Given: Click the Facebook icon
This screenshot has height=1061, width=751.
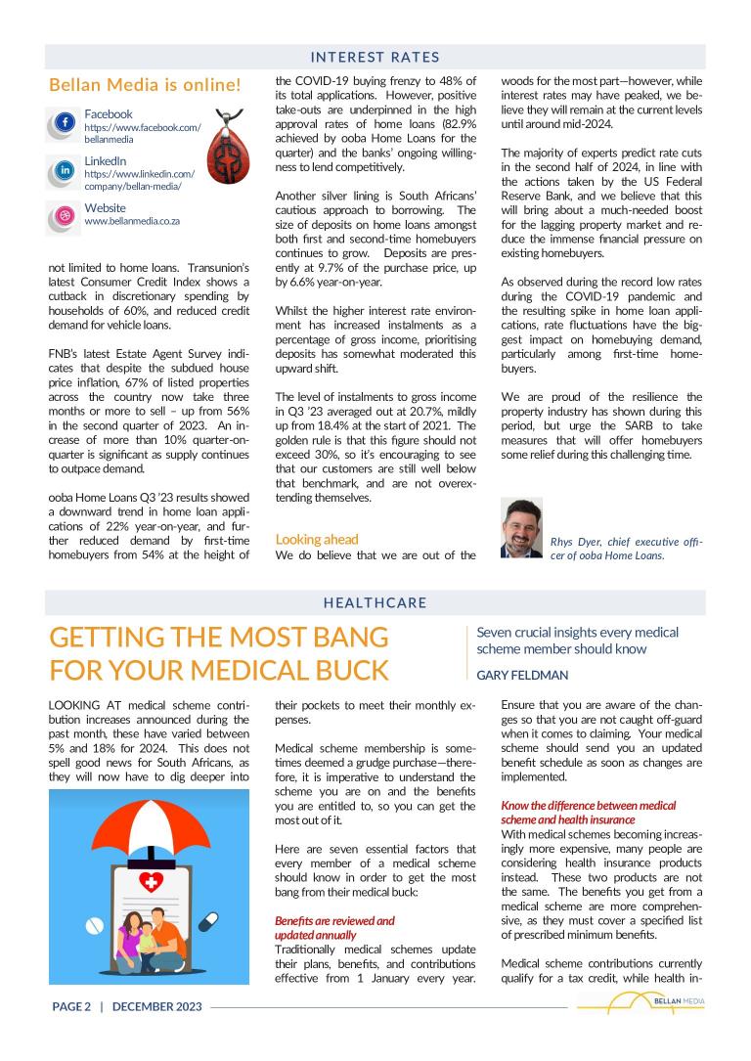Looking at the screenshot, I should [x=65, y=123].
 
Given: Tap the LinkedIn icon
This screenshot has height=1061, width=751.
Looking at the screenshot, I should [x=65, y=170].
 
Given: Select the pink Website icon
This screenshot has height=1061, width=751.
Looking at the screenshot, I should [x=65, y=216].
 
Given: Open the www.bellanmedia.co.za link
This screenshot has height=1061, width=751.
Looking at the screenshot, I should [x=132, y=221].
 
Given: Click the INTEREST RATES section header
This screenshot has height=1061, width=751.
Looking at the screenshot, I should [x=375, y=58].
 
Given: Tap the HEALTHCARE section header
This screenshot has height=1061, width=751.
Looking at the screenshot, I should [x=375, y=602].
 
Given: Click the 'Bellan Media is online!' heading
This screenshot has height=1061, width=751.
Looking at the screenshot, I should [x=145, y=85].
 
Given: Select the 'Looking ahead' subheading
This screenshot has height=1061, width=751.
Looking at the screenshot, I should [x=317, y=539].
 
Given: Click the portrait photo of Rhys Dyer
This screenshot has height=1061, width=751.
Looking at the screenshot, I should [x=520, y=528].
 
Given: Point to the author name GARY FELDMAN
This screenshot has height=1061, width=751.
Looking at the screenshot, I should [x=522, y=675].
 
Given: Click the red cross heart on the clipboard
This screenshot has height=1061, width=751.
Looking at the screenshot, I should [x=151, y=856].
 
